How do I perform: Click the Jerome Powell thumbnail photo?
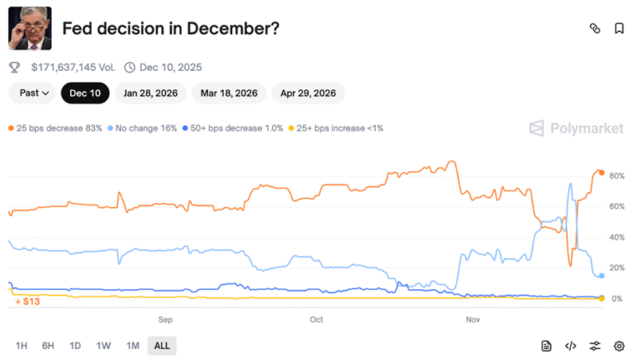(x=29, y=28)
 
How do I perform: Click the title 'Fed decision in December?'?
(x=170, y=28)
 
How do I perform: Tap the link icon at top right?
(x=595, y=28)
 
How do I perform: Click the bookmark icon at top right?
(x=619, y=28)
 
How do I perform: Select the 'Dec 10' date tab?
(x=85, y=93)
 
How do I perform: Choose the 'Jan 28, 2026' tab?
(x=150, y=93)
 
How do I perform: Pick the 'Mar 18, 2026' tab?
(x=229, y=93)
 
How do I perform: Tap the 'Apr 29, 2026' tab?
(x=308, y=93)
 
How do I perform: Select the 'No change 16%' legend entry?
(x=143, y=128)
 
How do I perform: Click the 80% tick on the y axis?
(x=618, y=176)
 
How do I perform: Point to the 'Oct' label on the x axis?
(x=316, y=320)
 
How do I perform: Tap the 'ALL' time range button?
(x=162, y=346)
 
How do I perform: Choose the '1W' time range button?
(x=103, y=346)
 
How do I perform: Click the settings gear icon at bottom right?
(x=619, y=346)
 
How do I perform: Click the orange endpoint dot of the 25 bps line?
(x=601, y=173)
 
